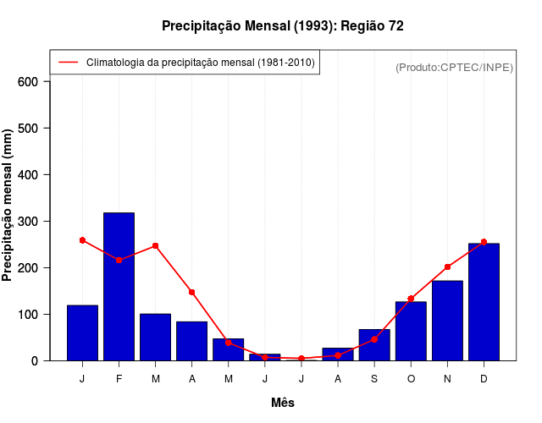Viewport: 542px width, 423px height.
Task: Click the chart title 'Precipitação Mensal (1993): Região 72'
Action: coord(283,26)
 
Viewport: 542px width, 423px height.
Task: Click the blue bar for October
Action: coord(411,331)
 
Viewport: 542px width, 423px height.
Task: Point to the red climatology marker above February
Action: coord(119,260)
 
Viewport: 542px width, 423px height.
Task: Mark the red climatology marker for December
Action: coord(484,242)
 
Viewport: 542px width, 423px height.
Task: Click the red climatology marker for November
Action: coord(447,266)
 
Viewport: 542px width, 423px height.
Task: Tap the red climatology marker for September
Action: coord(374,339)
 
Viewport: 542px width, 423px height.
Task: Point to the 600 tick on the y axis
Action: coord(28,82)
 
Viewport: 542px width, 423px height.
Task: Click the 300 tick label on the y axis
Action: coord(28,222)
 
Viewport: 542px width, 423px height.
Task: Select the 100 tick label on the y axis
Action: coord(28,315)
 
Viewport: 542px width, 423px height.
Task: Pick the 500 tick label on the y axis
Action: coord(28,129)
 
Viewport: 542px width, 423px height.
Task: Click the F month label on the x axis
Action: coord(119,378)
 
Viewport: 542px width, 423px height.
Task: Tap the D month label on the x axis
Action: coord(484,378)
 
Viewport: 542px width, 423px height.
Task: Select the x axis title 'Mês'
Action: coord(283,403)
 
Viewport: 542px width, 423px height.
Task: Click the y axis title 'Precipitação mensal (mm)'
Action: coord(8,205)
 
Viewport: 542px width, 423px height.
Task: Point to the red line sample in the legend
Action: coord(68,63)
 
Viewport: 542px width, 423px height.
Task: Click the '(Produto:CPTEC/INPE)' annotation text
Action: coord(454,67)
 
